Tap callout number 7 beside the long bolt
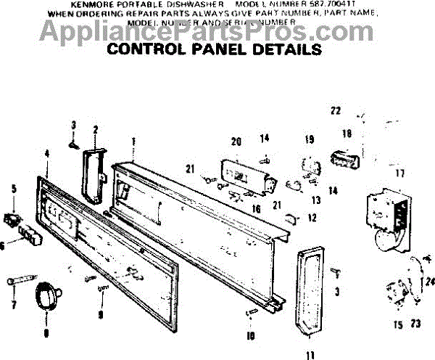13,305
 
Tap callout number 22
335,110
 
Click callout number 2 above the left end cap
95,130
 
